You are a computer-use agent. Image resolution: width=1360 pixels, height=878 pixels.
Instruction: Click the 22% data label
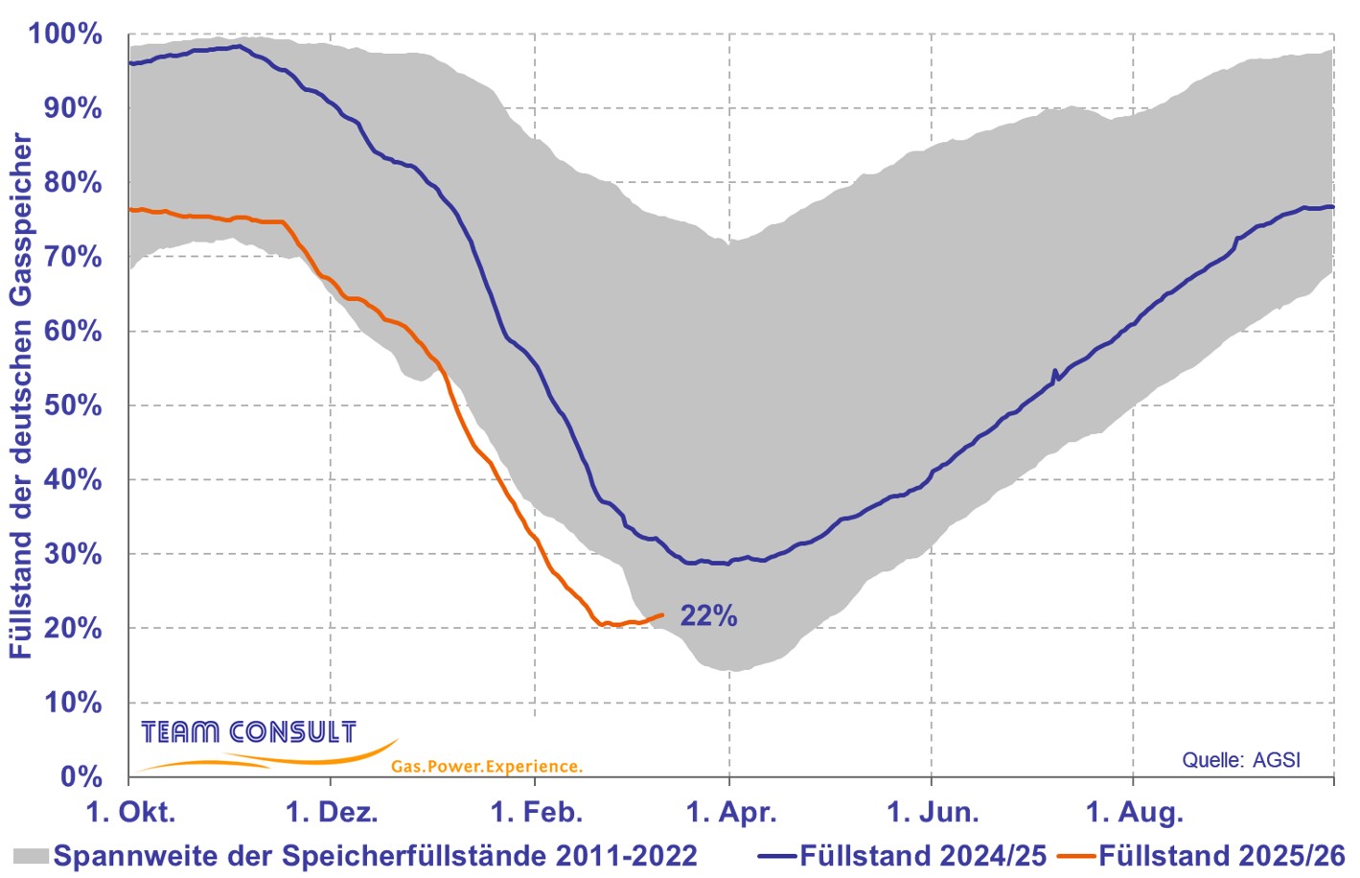point(708,616)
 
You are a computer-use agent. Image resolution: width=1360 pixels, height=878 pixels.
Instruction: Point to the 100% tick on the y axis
point(65,34)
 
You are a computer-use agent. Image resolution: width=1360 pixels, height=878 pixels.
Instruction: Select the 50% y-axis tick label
point(73,405)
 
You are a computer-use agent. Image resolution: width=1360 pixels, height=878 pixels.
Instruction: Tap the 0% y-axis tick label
point(81,776)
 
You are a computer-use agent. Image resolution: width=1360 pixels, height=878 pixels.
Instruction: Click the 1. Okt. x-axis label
point(130,813)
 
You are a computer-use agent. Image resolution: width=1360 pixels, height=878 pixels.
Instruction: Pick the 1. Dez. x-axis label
point(332,813)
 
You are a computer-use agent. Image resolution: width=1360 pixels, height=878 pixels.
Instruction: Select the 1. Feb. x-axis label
point(536,813)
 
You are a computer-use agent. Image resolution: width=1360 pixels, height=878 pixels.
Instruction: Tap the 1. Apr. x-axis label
point(731,813)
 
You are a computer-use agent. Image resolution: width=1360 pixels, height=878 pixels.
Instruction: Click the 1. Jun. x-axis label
point(933,813)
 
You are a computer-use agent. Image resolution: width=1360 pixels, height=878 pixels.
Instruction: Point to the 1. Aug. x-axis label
point(1134,813)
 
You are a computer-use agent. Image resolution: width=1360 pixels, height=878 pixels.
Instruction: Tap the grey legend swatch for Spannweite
point(31,855)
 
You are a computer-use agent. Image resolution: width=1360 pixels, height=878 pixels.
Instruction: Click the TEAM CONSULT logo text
point(248,733)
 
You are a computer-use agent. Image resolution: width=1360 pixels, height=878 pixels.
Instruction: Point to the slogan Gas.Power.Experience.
point(486,767)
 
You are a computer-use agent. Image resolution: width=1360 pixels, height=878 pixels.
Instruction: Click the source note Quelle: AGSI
point(1241,760)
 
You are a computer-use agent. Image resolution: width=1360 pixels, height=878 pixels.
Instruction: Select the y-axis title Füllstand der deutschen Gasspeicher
point(21,396)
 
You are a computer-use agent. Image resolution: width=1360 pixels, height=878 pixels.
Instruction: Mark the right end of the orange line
point(662,615)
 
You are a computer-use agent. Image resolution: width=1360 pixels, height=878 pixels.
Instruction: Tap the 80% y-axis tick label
point(73,182)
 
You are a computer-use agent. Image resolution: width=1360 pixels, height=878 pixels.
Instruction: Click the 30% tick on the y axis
point(73,554)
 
